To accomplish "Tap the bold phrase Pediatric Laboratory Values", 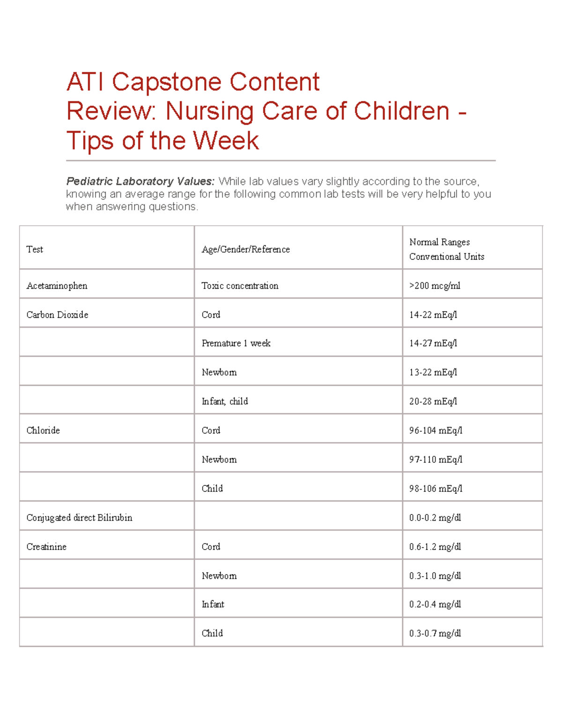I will [x=140, y=181].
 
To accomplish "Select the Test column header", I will [x=35, y=250].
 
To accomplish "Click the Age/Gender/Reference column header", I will [x=245, y=250].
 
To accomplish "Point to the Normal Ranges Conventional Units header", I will [x=446, y=249].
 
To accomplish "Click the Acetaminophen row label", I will [x=57, y=286].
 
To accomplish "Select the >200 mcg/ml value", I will [x=435, y=286].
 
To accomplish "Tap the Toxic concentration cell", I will [x=240, y=286].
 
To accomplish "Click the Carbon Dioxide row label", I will [x=57, y=315].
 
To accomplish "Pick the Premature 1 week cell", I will [x=236, y=343].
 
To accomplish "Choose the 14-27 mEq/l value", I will [x=433, y=343].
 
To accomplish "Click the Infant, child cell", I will [x=225, y=401].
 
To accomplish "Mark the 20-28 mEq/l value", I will [x=433, y=401].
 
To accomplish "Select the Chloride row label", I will [x=43, y=430].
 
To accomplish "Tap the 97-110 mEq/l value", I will [x=436, y=459].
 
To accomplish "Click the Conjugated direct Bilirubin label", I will [x=79, y=517].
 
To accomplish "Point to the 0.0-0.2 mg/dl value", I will [x=435, y=517].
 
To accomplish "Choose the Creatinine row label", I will [x=46, y=546].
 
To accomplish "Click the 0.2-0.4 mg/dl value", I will [x=435, y=604].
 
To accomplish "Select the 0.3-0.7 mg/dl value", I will [x=435, y=633].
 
